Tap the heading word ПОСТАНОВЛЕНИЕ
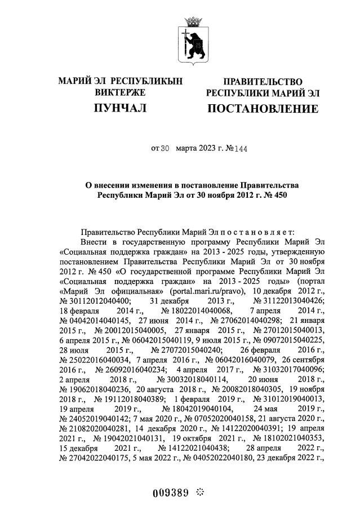[263, 108]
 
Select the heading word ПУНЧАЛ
[120, 108]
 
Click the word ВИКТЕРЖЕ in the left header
[120, 92]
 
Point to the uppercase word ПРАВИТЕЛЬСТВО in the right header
[263, 82]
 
